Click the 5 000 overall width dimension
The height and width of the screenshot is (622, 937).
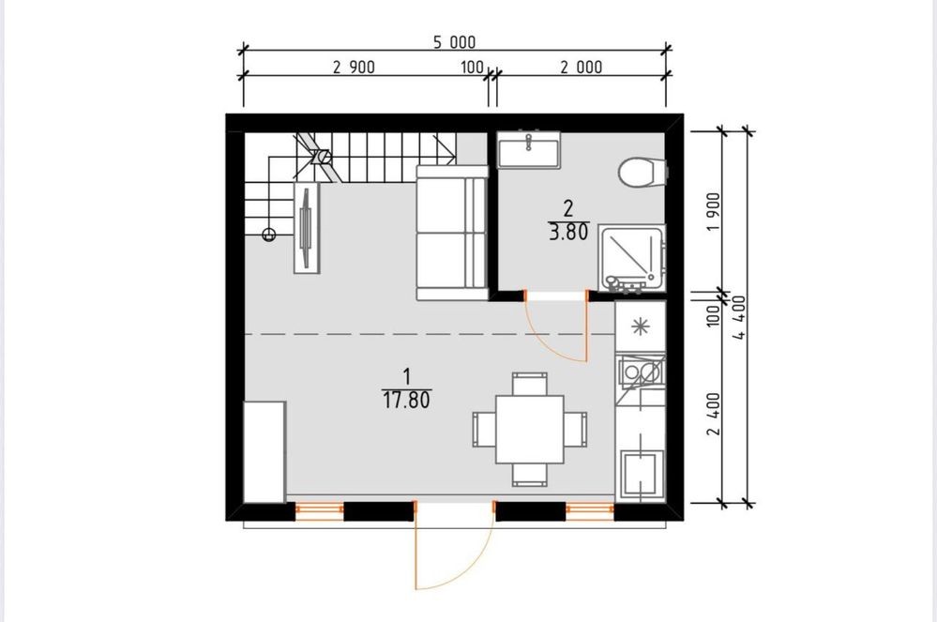click(x=454, y=42)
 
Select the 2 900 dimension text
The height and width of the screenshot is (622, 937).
click(x=354, y=67)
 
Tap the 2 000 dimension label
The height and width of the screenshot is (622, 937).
click(x=582, y=67)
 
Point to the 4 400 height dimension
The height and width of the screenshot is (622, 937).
click(x=740, y=317)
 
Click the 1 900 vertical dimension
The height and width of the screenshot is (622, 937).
click(x=714, y=213)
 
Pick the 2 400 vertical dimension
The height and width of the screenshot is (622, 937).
click(x=714, y=414)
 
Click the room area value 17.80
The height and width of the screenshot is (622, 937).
click(x=406, y=400)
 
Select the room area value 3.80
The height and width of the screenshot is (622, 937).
click(x=568, y=232)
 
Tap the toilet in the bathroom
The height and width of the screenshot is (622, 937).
click(x=642, y=172)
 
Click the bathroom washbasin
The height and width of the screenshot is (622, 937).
click(x=528, y=149)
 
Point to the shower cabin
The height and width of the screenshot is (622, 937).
click(x=632, y=259)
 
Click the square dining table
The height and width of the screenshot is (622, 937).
click(x=530, y=430)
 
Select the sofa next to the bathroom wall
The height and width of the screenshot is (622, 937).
click(x=452, y=233)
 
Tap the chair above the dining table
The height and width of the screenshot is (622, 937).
click(x=530, y=384)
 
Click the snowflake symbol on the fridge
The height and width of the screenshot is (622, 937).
click(x=641, y=326)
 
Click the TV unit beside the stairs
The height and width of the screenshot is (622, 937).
click(x=307, y=228)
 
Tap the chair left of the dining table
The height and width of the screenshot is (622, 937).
click(x=484, y=430)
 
